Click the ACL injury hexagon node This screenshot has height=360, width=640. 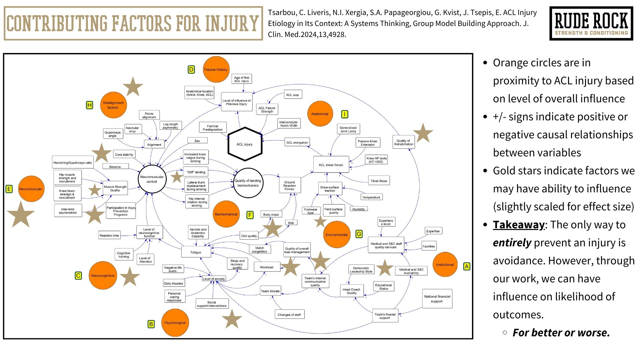click(245, 144)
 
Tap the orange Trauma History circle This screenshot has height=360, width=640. click(216, 70)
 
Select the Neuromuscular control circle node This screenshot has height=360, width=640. click(152, 179)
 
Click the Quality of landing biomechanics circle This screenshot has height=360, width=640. click(248, 183)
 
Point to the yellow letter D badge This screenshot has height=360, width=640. click(191, 70)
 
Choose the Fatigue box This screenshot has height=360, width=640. click(196, 252)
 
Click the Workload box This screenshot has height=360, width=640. click(267, 267)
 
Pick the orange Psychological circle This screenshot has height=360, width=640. click(175, 323)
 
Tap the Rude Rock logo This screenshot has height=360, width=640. click(591, 23)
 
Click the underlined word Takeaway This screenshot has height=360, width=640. click(519, 225)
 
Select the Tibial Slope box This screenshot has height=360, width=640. click(379, 181)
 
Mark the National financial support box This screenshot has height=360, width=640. click(437, 299)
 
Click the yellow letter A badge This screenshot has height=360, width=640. click(467, 266)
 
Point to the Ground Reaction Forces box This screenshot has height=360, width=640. click(289, 186)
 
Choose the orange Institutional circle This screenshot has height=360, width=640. click(445, 265)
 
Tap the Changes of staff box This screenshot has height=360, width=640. click(289, 315)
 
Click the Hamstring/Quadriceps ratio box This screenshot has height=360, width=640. click(73, 163)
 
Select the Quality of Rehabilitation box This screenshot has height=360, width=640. click(404, 143)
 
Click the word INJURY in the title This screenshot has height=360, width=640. click(232, 23)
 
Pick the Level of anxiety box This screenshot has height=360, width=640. click(214, 279)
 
